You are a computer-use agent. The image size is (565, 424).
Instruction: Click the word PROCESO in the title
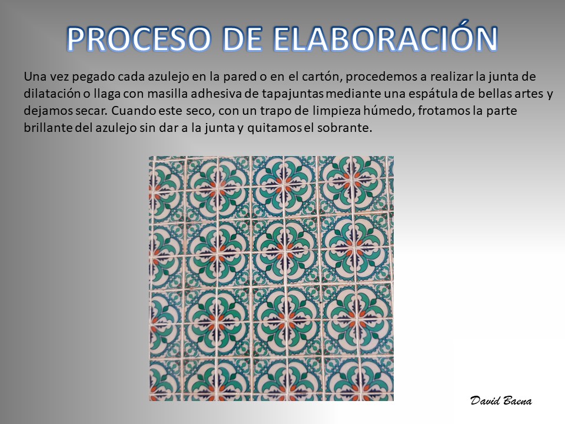(x=138, y=38)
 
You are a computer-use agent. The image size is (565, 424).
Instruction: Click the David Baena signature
(x=500, y=400)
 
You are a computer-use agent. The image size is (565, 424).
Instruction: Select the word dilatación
(x=52, y=94)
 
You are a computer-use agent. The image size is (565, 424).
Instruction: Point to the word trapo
(x=275, y=111)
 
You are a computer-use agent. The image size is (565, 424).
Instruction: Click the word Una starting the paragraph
(x=35, y=77)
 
